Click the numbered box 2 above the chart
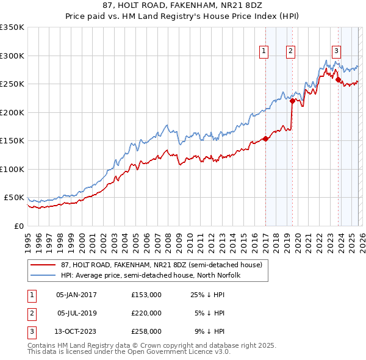tap(291, 51)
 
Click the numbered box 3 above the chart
tap(336, 51)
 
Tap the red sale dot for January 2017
tap(265, 139)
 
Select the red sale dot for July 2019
tap(292, 101)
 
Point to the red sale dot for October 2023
tap(338, 79)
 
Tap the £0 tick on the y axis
tap(18, 226)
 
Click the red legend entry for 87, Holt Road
tap(161, 265)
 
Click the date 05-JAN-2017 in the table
tap(76, 295)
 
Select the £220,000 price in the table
tap(146, 313)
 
